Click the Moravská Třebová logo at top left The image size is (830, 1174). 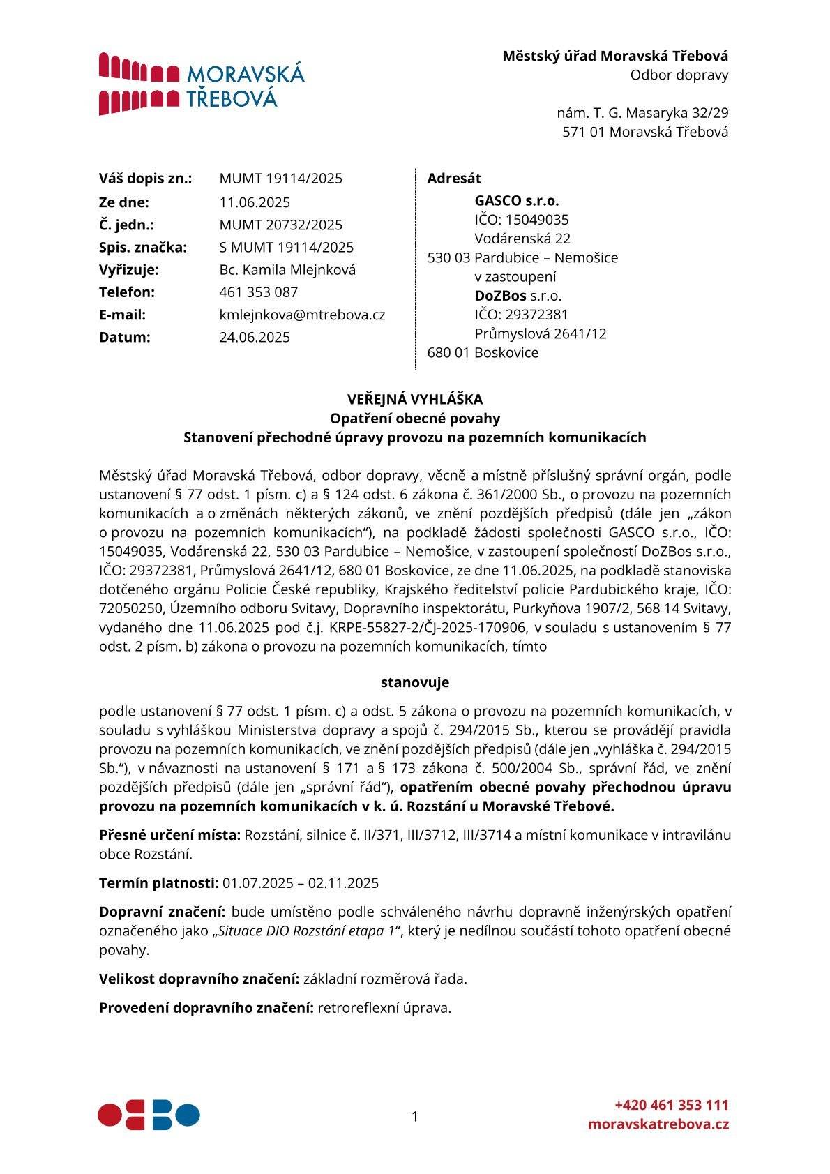(201, 84)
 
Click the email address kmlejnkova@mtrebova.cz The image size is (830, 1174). (302, 315)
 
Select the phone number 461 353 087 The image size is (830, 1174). (258, 292)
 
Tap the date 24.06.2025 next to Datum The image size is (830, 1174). (255, 338)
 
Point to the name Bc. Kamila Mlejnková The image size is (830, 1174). (287, 270)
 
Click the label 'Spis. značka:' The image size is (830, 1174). (143, 248)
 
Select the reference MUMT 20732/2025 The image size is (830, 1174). (280, 225)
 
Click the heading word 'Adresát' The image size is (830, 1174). (454, 179)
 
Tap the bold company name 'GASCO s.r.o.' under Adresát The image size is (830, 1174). (517, 201)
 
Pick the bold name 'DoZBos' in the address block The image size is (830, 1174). (500, 296)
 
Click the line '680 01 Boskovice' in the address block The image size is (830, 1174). (483, 353)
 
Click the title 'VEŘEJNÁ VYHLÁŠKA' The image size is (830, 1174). (415, 400)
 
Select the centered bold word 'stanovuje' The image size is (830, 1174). (415, 682)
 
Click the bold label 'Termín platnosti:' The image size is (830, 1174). (159, 883)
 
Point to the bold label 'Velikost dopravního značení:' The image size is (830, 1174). (199, 979)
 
